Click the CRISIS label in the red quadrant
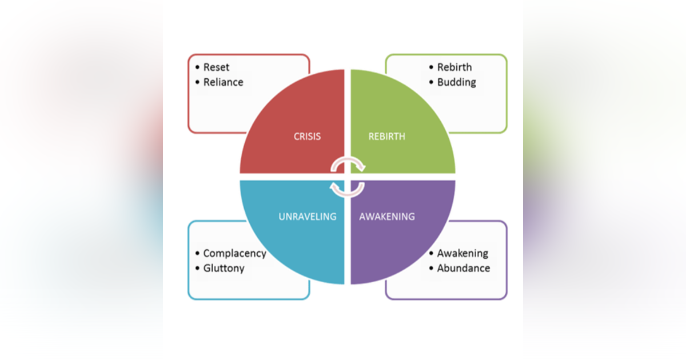308,137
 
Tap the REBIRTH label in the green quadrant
386,137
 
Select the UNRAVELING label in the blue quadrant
308,217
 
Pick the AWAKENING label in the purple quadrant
387,217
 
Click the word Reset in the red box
216,67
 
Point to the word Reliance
223,82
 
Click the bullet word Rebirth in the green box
454,67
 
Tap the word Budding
456,82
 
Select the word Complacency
234,254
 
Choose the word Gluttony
224,268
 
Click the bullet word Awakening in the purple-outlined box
462,253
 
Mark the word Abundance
463,268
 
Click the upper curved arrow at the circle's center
348,165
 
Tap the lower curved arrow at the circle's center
348,189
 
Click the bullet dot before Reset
197,67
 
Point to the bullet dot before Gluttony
197,268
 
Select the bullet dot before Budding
431,82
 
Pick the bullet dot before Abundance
431,268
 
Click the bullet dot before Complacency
197,254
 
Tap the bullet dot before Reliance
197,82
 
